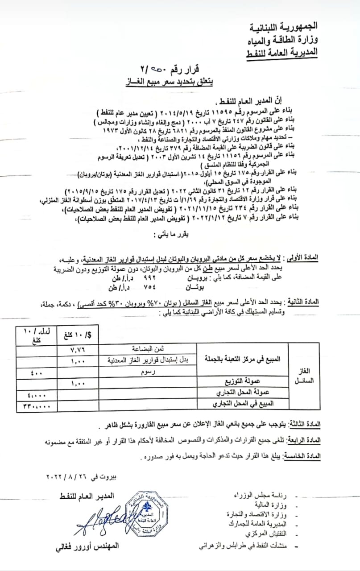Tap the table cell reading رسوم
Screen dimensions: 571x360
click(x=147, y=371)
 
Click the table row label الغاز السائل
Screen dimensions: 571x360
click(x=305, y=376)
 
